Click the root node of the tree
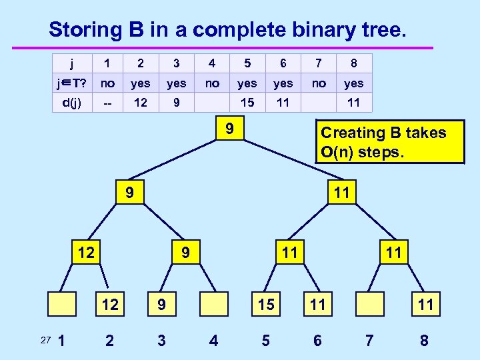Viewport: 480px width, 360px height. [228, 129]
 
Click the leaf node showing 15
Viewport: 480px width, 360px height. [265, 305]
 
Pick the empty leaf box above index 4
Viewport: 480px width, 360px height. [213, 305]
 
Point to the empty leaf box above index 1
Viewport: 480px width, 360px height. [61, 305]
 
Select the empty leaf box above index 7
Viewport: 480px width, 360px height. [369, 305]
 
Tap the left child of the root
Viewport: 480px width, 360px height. [130, 193]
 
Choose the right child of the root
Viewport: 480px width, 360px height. [341, 193]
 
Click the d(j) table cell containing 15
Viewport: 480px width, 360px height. [247, 103]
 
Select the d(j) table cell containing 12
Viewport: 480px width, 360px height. [140, 103]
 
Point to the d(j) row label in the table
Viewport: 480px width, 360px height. [71, 103]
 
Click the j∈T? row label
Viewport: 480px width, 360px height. [71, 83]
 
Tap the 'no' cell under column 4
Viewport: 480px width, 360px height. [212, 83]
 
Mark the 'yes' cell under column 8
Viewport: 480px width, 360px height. [353, 83]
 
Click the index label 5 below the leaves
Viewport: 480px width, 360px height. [265, 341]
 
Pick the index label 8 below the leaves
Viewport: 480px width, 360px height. [424, 341]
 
